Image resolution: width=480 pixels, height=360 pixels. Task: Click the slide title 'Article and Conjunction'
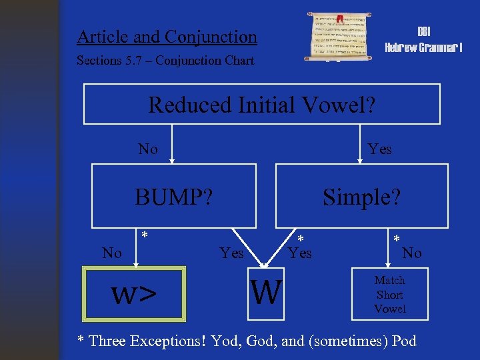[167, 37]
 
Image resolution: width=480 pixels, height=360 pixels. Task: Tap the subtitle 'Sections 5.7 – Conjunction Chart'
[165, 61]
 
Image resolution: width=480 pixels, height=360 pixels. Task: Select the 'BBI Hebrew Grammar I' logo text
[423, 40]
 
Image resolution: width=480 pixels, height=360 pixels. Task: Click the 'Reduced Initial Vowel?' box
[261, 105]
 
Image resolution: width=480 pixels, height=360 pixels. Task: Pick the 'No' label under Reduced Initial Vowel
[148, 149]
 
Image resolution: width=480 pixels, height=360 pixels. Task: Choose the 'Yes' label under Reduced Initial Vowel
[379, 149]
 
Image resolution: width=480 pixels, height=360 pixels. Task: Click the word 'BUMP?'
[174, 197]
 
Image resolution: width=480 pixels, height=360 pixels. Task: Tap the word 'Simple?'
[361, 197]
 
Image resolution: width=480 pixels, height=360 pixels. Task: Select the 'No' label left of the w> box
[112, 253]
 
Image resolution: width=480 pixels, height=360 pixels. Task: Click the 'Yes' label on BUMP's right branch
[231, 253]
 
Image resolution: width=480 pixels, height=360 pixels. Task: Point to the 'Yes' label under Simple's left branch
[300, 253]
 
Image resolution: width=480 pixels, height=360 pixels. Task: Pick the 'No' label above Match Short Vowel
[412, 253]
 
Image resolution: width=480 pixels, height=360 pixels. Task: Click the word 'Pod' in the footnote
[403, 341]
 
